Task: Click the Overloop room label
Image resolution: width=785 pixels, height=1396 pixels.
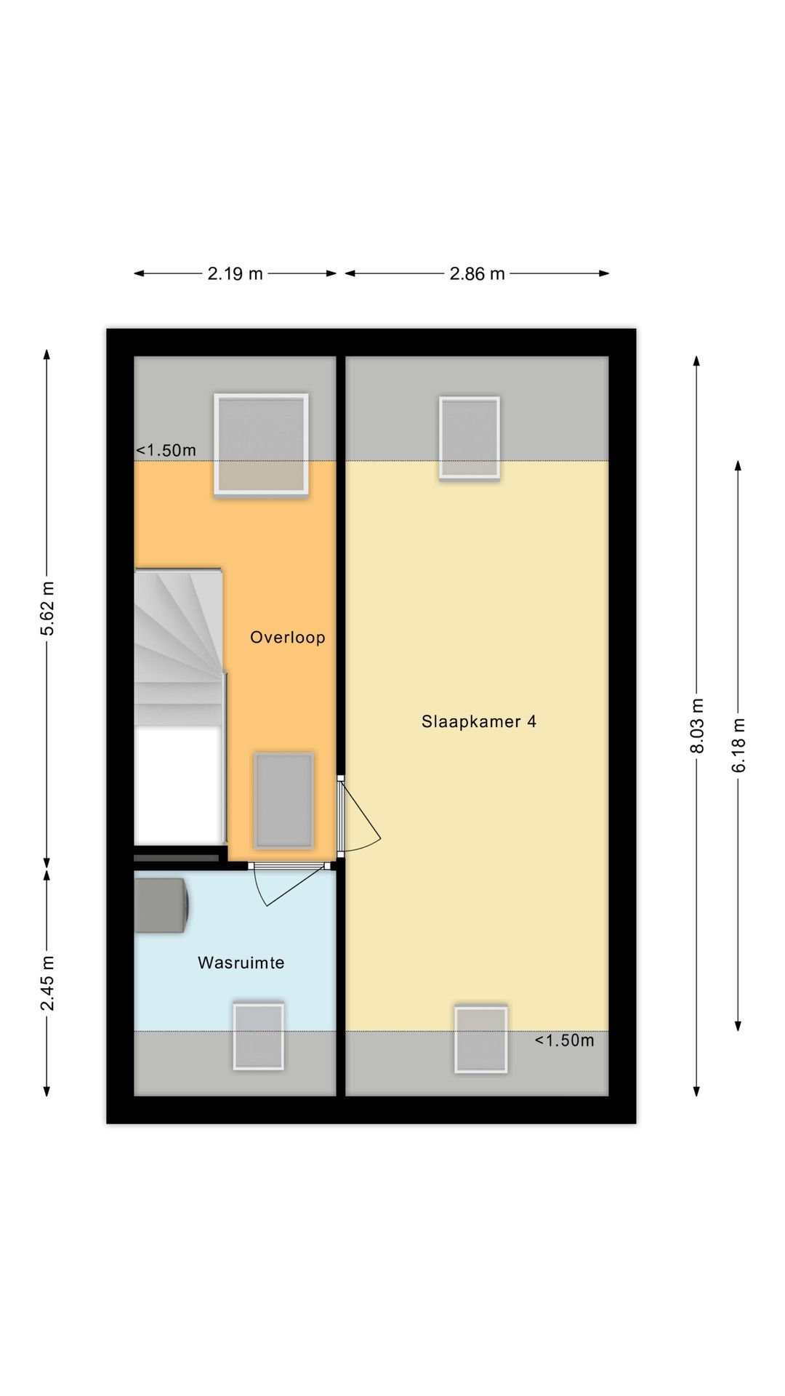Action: pyautogui.click(x=287, y=638)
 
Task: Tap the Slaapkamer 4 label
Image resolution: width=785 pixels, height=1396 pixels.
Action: pyautogui.click(x=479, y=721)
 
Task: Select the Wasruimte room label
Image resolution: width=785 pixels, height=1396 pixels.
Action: pyautogui.click(x=241, y=963)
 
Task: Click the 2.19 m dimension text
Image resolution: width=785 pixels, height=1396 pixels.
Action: pyautogui.click(x=235, y=273)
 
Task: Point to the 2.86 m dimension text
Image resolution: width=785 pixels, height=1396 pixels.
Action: pyautogui.click(x=477, y=273)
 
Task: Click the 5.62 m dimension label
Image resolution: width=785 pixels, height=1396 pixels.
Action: pyautogui.click(x=47, y=609)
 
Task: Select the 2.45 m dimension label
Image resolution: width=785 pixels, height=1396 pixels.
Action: pyautogui.click(x=47, y=983)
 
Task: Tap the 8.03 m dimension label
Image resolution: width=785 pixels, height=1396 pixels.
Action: pyautogui.click(x=697, y=726)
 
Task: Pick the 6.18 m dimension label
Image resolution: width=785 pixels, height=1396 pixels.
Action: pyautogui.click(x=738, y=745)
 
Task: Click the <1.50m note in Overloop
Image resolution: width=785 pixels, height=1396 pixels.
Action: pyautogui.click(x=166, y=450)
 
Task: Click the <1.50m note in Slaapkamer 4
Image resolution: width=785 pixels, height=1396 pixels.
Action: pyautogui.click(x=564, y=1040)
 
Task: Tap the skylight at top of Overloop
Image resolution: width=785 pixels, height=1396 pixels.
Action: pyautogui.click(x=261, y=445)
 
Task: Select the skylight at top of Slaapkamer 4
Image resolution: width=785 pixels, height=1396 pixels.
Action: pyautogui.click(x=470, y=438)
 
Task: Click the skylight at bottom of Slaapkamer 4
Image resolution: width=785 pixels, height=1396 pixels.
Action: pyautogui.click(x=480, y=1039)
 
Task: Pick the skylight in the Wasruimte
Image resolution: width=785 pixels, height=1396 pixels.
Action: pyautogui.click(x=258, y=1036)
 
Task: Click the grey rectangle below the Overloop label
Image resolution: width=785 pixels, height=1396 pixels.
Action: pyautogui.click(x=283, y=801)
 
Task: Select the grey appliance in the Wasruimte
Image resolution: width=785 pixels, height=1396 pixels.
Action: pyautogui.click(x=161, y=905)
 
